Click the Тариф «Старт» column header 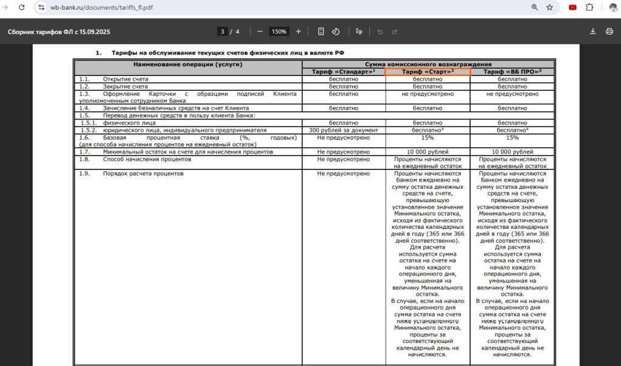point(428,72)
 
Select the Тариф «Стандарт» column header point(343,72)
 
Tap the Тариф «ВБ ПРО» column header point(512,72)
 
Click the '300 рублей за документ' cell point(343,130)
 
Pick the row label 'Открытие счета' point(126,79)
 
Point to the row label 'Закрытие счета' point(126,86)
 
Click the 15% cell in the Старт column point(428,138)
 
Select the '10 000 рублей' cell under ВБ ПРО point(512,152)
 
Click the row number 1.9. point(84,174)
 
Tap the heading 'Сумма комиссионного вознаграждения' point(428,64)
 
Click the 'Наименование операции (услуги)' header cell point(188,64)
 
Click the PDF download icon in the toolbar point(592,32)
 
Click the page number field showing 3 point(223,32)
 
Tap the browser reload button point(22,7)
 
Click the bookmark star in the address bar point(549,7)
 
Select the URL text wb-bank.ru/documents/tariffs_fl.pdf point(102,7)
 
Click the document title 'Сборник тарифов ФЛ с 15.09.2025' point(58,32)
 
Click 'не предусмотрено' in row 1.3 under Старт point(428,94)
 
